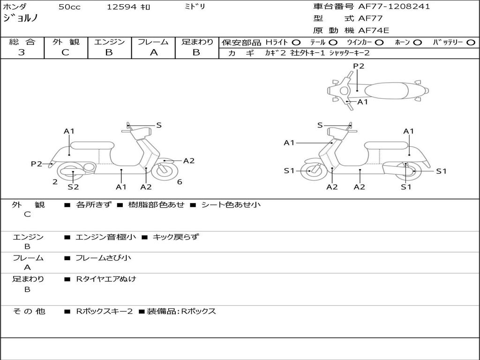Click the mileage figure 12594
coord(122,7)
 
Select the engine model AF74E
coord(374,30)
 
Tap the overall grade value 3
coord(22,52)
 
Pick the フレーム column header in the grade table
coord(153,42)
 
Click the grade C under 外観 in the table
coord(65,52)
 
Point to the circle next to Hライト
coord(296,42)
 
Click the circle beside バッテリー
coord(471,42)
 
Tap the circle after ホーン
coord(418,42)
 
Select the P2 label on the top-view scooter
coord(359,66)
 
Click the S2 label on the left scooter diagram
coord(73,187)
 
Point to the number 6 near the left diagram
coord(180,182)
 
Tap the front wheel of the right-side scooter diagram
coord(310,171)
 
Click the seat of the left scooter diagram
coord(92,145)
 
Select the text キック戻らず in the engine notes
coord(176,237)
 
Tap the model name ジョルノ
coord(20,18)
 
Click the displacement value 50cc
coord(68,7)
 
